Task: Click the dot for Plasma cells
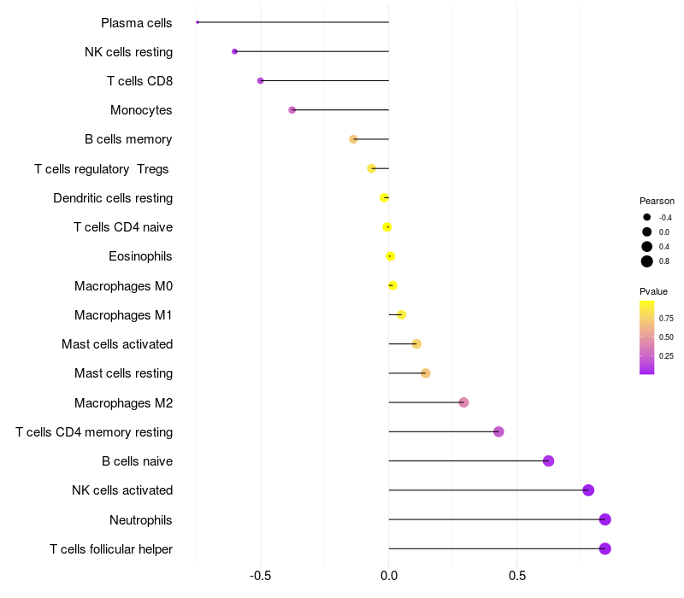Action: (198, 22)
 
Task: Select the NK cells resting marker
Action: (234, 52)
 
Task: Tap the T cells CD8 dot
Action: (261, 81)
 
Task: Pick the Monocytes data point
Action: (292, 110)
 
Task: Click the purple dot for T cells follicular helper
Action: (605, 548)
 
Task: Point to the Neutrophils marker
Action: (605, 519)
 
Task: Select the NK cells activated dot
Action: (588, 490)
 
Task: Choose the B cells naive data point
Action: (549, 461)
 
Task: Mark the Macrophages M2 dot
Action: (463, 402)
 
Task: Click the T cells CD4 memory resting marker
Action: (498, 431)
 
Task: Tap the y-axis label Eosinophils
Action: (140, 256)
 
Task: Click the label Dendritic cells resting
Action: (113, 198)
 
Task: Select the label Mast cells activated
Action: (117, 344)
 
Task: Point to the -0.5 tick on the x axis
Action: (261, 576)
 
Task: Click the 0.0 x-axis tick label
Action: (389, 576)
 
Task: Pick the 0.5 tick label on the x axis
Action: (517, 576)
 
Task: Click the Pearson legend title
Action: (657, 201)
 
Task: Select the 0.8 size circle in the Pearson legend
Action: (647, 261)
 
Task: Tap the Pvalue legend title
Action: (654, 291)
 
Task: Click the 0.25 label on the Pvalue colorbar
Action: (666, 356)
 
